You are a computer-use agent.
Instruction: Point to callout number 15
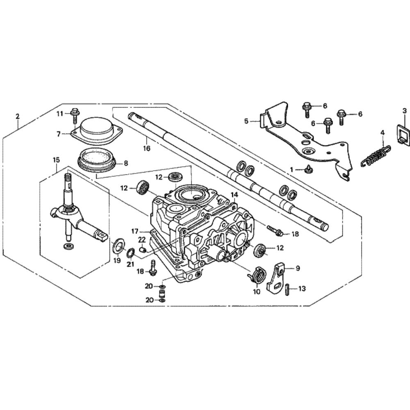pyautogui.click(x=56, y=159)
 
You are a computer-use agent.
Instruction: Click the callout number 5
pyautogui.click(x=246, y=121)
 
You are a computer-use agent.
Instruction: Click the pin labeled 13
pyautogui.click(x=288, y=289)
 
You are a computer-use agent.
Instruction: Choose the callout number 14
pyautogui.click(x=234, y=194)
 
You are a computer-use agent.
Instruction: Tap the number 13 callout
pyautogui.click(x=302, y=289)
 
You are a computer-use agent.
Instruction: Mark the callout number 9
pyautogui.click(x=298, y=268)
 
